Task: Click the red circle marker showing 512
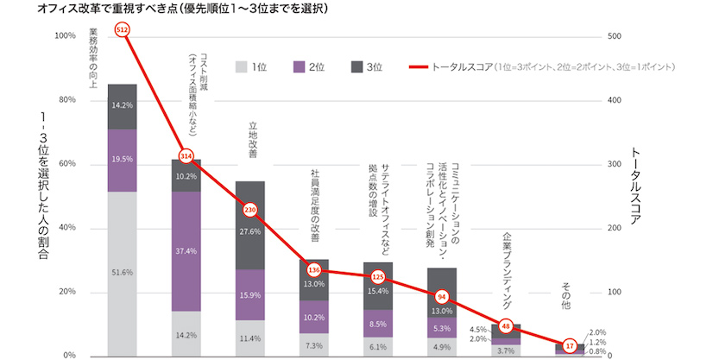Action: [122, 30]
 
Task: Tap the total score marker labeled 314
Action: [186, 156]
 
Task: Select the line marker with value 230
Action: [250, 210]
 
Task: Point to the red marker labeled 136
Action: [314, 270]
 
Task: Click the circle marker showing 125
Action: [378, 277]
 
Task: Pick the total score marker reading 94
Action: [442, 297]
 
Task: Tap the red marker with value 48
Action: [506, 326]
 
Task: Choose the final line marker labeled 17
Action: [570, 346]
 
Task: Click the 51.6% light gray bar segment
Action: [122, 274]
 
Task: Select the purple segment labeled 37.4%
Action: [186, 251]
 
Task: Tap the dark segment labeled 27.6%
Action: [250, 225]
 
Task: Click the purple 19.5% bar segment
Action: [122, 161]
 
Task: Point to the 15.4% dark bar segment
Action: [378, 286]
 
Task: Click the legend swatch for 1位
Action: [241, 67]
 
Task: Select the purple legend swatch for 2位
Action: [299, 67]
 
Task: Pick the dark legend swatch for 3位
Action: [356, 67]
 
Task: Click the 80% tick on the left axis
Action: [66, 99]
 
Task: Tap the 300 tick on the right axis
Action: [614, 164]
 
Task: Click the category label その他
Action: [566, 296]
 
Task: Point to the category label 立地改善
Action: [253, 140]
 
